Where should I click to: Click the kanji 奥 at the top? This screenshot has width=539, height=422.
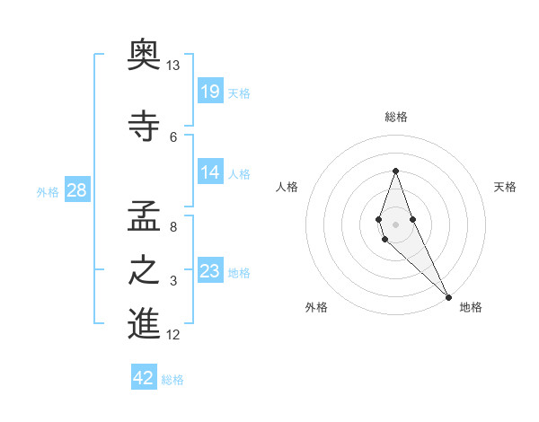tap(145, 57)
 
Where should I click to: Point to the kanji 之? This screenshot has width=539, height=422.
tap(145, 270)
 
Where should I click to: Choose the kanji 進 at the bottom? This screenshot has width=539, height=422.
tap(145, 323)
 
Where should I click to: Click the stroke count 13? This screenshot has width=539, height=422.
tap(172, 66)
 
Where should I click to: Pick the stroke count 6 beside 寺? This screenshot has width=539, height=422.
tap(172, 136)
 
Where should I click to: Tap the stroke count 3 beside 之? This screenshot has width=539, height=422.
tap(172, 282)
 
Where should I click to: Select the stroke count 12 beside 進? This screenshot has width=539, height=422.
tap(172, 335)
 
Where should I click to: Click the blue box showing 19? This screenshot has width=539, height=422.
tap(209, 91)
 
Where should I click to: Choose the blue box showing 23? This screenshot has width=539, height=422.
tap(209, 270)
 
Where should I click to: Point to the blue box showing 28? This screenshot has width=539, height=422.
tap(77, 189)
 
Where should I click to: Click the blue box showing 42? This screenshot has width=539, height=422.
tap(144, 378)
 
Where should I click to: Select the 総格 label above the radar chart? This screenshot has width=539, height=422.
tap(395, 117)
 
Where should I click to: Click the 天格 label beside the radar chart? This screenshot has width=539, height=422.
tap(505, 187)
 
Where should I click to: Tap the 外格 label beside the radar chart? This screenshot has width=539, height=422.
tap(315, 307)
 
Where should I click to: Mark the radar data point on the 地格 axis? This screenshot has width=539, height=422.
tap(448, 295)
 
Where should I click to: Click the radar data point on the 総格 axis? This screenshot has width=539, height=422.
tap(395, 171)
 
